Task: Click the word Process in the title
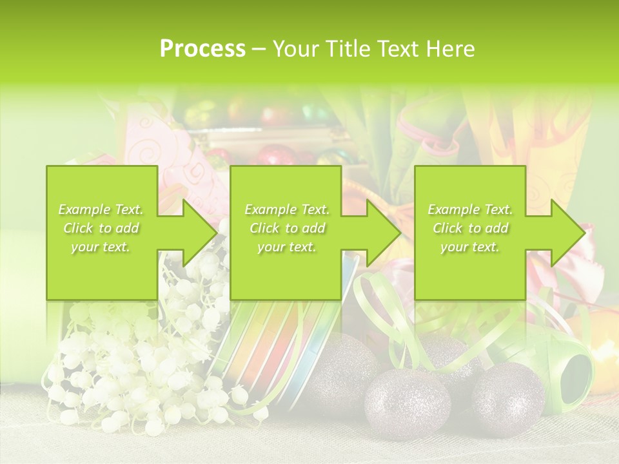pos(202,49)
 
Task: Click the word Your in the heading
pos(295,49)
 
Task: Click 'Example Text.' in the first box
pos(101,209)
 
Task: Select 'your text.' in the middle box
pos(287,247)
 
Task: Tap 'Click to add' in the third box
pos(471,228)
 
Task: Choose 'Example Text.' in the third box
pos(471,209)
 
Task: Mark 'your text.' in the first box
pos(101,247)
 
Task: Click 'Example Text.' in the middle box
pos(287,209)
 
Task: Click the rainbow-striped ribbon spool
pos(284,348)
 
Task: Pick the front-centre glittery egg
pos(408,403)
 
